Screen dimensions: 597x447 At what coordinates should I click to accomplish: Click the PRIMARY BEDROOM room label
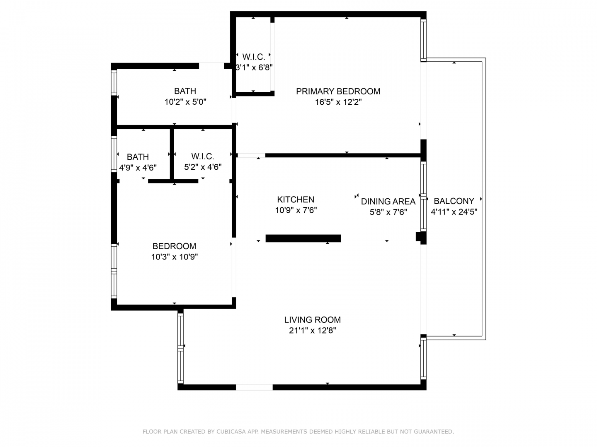338,91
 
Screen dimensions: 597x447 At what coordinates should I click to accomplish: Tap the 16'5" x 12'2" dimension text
338,102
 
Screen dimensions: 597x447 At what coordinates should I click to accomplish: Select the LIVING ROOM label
312,320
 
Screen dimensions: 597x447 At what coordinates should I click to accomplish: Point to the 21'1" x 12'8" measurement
312,331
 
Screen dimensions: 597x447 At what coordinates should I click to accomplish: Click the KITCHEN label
296,199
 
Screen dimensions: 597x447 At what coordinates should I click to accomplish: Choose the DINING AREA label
388,202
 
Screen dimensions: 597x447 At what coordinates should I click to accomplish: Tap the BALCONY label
454,201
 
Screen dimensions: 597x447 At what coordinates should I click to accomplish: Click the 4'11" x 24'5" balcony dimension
454,211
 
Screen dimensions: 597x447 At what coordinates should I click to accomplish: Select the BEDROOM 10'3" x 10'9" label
175,251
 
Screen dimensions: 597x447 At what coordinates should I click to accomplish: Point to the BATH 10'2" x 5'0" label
185,96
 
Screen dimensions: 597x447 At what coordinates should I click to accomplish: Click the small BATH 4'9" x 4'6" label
138,162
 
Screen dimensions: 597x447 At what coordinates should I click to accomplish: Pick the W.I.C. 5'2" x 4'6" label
203,161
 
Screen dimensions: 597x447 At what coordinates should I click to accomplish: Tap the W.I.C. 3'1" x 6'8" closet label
254,62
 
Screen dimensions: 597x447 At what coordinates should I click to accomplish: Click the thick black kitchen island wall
303,238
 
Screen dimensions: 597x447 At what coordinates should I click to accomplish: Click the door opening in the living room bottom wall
254,387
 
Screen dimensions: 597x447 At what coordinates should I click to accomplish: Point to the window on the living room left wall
181,348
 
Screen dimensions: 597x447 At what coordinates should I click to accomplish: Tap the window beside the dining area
423,197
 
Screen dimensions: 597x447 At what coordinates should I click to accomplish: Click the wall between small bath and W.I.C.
172,154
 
